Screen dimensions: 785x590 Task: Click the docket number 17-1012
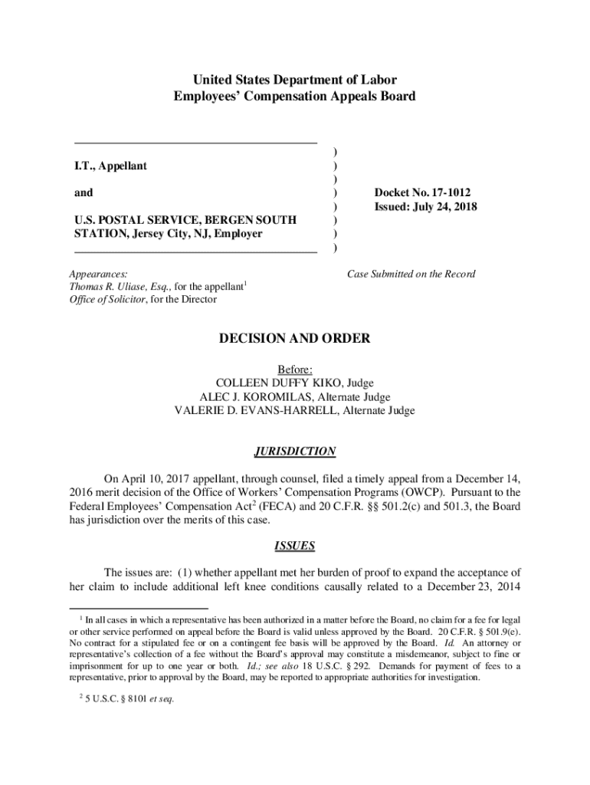pos(447,192)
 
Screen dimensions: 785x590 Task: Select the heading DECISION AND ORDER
pos(295,338)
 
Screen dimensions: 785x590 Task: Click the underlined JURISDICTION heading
pos(295,452)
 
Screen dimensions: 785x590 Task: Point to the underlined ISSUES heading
pos(295,547)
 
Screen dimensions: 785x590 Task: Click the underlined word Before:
pos(295,369)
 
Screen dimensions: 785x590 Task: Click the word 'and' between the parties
pos(84,192)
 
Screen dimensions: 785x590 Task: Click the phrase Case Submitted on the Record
pos(411,274)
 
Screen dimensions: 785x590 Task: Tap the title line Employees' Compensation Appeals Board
pos(295,97)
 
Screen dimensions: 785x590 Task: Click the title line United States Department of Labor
pos(295,80)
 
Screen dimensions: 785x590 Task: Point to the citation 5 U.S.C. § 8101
pos(116,698)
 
